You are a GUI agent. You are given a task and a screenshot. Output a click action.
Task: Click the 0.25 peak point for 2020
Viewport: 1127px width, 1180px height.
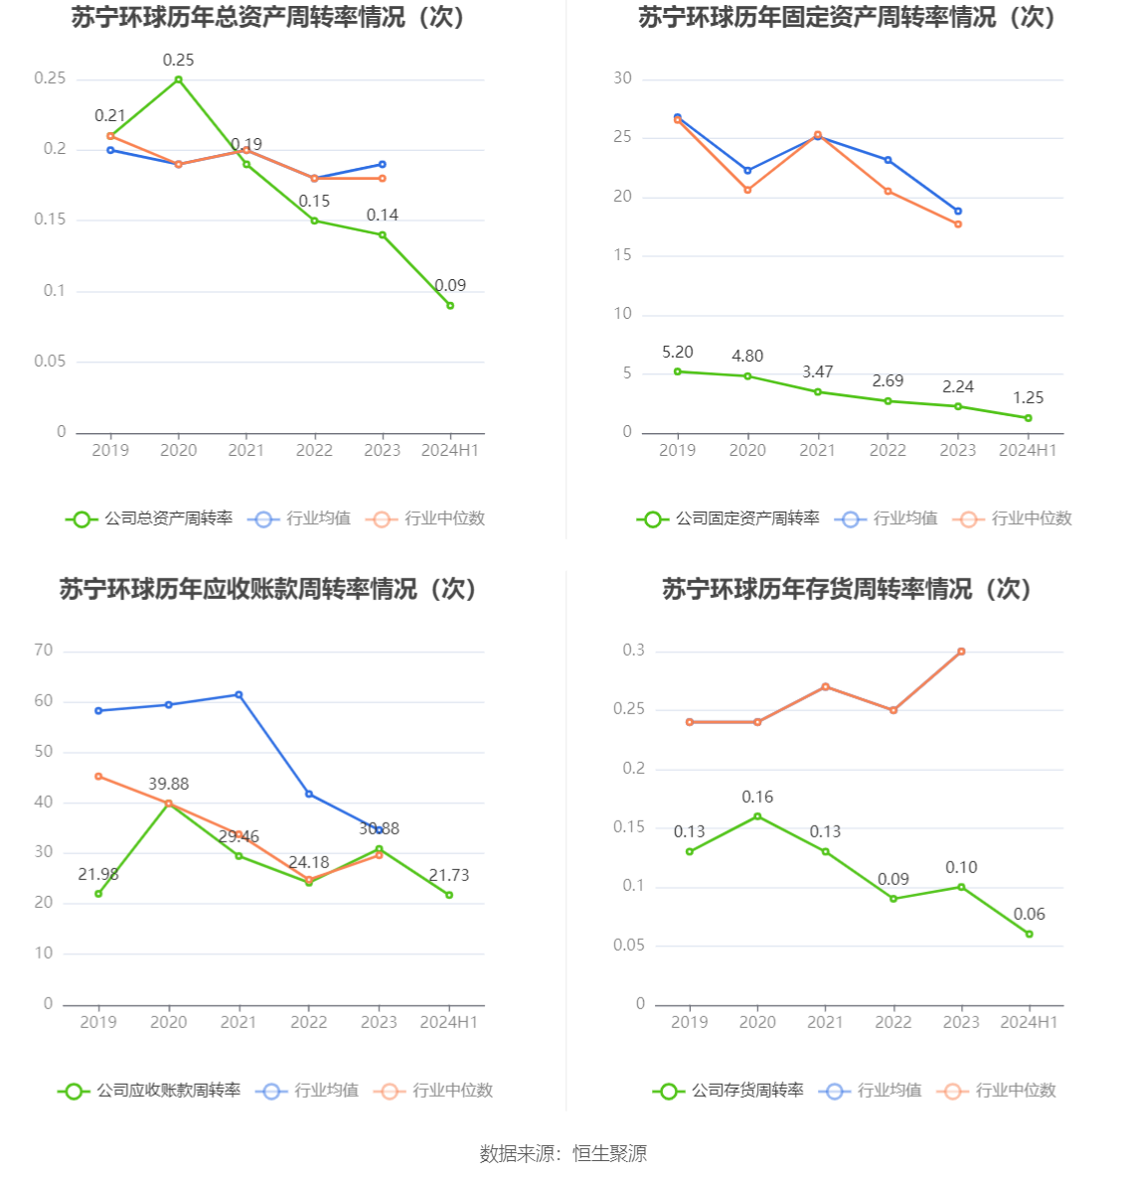coord(179,79)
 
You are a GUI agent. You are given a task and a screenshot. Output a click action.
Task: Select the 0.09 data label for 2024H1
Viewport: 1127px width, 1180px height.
coord(450,286)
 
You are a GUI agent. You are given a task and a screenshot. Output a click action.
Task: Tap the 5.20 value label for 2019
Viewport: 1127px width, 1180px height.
coord(678,353)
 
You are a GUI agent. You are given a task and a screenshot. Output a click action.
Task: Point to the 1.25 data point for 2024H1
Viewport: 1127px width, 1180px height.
coord(1029,418)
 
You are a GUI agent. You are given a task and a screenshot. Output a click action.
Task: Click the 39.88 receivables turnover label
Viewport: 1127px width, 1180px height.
coord(169,785)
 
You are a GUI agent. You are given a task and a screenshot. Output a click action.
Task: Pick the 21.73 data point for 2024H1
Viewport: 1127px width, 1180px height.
coord(449,895)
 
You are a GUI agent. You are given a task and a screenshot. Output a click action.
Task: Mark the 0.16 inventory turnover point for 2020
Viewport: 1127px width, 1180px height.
coord(757,816)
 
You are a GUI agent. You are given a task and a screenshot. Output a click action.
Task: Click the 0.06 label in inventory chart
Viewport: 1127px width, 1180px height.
coord(1030,915)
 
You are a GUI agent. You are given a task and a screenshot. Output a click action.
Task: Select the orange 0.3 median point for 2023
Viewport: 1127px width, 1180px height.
coord(961,652)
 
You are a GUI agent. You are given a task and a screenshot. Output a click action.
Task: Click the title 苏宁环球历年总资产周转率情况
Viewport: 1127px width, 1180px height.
coord(268,18)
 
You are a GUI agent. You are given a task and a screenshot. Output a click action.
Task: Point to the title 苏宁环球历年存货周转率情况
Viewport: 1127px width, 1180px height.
coord(847,590)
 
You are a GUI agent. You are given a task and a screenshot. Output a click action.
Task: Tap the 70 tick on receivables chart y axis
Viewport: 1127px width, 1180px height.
coord(44,651)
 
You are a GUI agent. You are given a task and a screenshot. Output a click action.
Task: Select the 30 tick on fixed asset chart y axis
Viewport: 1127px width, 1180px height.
coord(623,78)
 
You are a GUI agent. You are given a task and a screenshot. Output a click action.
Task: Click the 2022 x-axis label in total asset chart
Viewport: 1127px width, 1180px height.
coord(314,451)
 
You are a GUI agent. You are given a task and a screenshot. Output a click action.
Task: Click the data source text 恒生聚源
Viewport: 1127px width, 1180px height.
coord(609,1154)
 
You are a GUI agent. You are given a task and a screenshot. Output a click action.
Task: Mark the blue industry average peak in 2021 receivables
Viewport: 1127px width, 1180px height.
coord(239,695)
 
